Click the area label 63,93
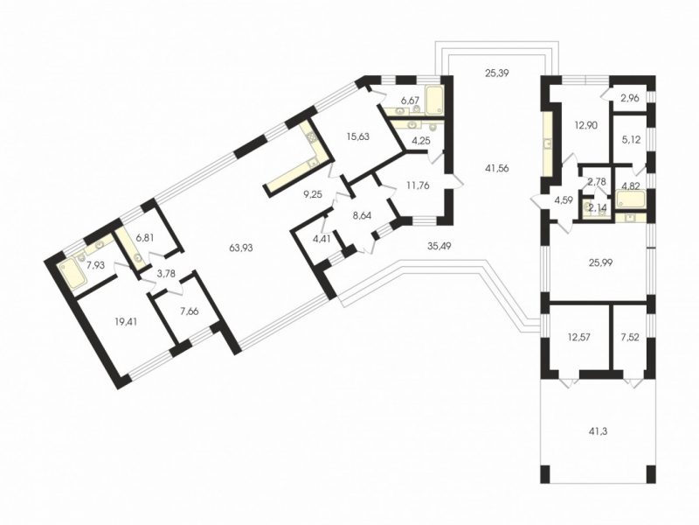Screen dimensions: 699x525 (240, 248)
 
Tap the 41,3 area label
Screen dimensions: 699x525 (598, 431)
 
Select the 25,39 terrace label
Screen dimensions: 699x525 (496, 73)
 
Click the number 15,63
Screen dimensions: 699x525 (358, 136)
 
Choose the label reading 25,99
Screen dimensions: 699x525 (600, 263)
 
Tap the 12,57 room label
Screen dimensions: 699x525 (578, 337)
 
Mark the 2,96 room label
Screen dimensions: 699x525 (630, 98)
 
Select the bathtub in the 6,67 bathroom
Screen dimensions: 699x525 (435, 100)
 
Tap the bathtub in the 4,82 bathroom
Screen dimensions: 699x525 (630, 199)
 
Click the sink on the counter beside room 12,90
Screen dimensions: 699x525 (547, 143)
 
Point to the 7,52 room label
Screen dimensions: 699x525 (630, 337)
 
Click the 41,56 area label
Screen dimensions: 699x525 (496, 168)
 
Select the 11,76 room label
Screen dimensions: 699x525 (418, 185)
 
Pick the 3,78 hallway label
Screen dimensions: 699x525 (166, 273)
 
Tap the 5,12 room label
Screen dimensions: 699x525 (630, 140)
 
